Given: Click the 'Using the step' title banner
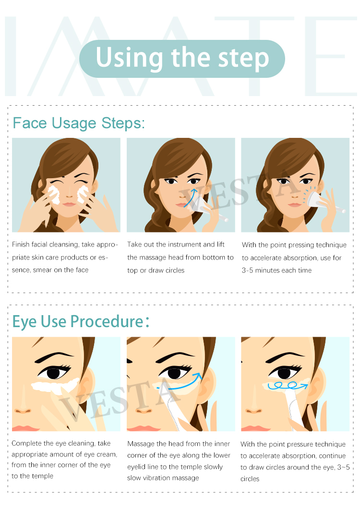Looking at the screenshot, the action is pos(182,59).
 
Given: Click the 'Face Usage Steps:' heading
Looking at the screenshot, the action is pos(79,123).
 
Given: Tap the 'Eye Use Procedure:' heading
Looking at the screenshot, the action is pos(81,321).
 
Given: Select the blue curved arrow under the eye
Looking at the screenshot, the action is pos(183,386).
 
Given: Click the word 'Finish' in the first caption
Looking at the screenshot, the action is pos(21,244).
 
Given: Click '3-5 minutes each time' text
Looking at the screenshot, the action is pos(276,270).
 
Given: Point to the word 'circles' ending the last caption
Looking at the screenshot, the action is pos(250,479).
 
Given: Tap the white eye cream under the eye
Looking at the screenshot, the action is pos(55,385).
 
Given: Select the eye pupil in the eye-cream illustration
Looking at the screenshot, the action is pos(53,373).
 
